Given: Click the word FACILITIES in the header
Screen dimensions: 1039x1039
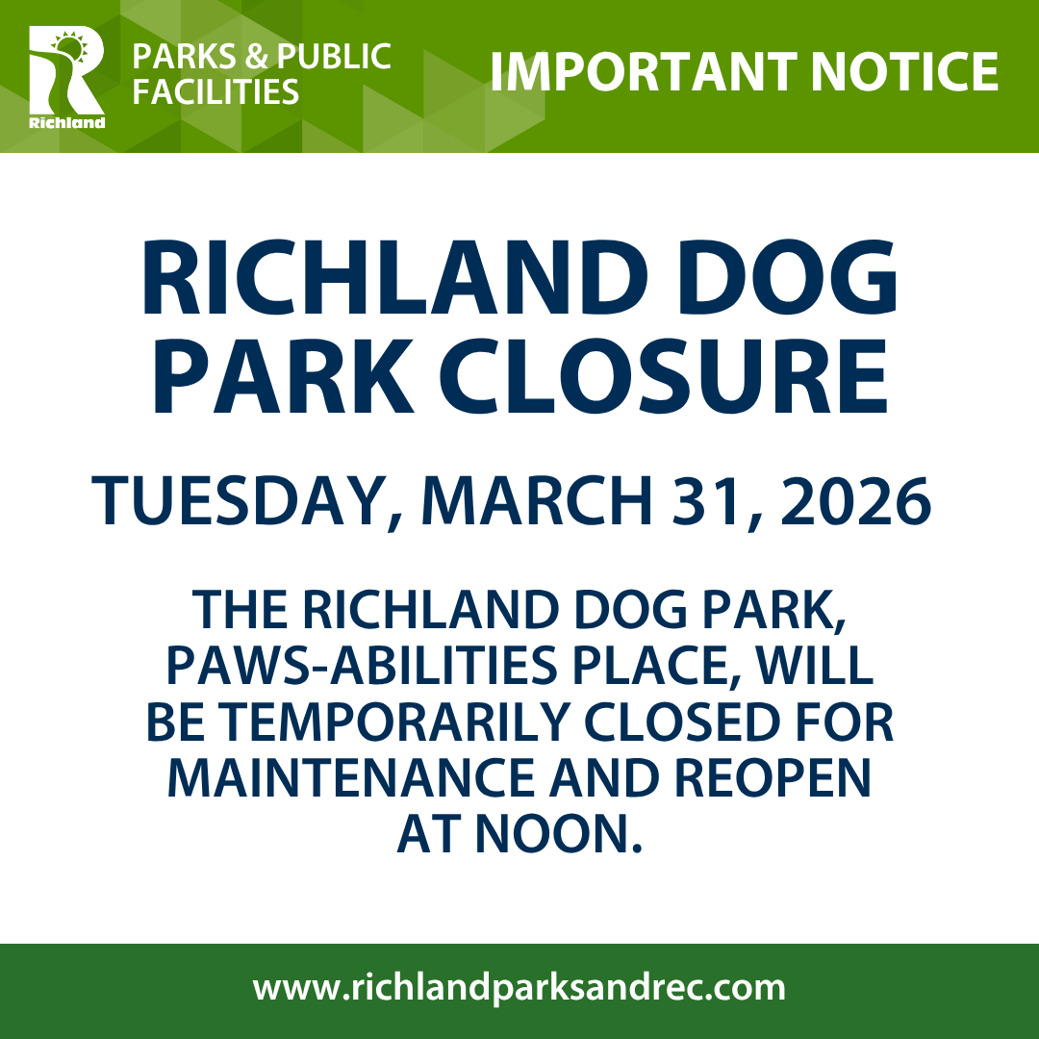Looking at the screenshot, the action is [x=215, y=91].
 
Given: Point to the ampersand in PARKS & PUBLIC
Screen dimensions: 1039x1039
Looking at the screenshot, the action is [x=256, y=57].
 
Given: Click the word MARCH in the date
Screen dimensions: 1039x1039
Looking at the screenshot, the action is [x=537, y=500].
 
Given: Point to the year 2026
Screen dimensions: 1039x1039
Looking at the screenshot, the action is [x=856, y=500].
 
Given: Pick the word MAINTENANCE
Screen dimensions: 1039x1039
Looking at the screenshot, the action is [x=350, y=777].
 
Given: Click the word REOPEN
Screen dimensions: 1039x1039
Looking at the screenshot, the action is [x=773, y=777].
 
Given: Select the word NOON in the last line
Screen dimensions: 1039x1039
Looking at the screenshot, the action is [x=559, y=833].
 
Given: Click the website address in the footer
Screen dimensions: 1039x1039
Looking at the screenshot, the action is [x=519, y=988].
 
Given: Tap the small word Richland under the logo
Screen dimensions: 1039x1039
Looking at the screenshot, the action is [x=67, y=122].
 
